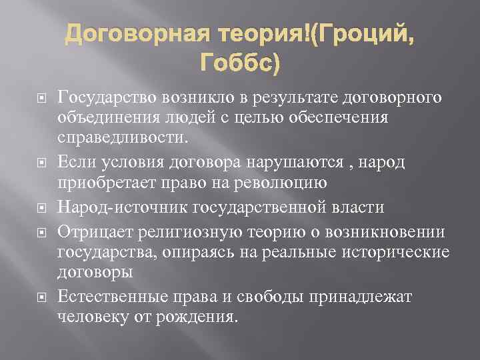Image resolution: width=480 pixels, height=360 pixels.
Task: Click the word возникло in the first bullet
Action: click(195, 99)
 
